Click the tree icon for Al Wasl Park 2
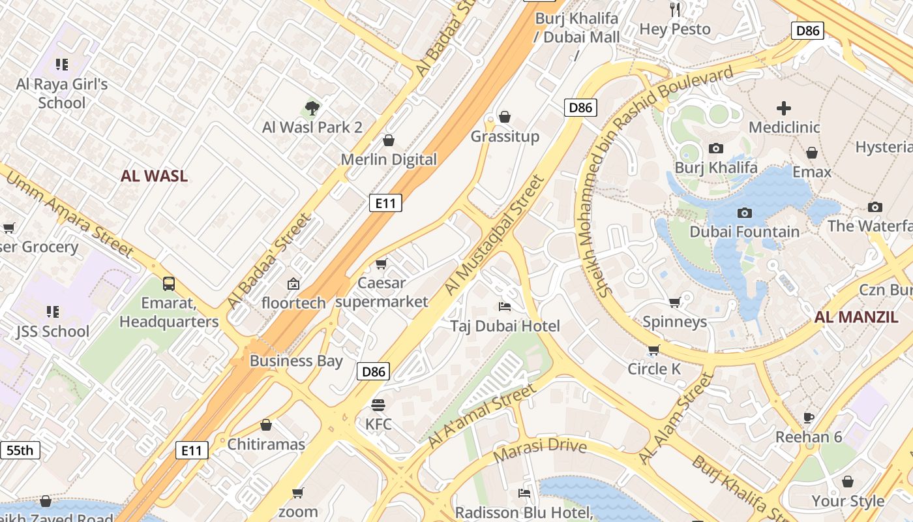pyautogui.click(x=312, y=108)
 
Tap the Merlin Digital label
pyautogui.click(x=389, y=159)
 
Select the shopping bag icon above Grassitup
pyautogui.click(x=504, y=117)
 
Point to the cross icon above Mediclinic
pyautogui.click(x=783, y=108)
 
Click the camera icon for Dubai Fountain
pyautogui.click(x=744, y=213)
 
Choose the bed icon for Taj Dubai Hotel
pyautogui.click(x=504, y=306)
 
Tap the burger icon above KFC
pyautogui.click(x=378, y=405)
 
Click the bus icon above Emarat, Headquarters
pyautogui.click(x=169, y=284)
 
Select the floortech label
pyautogui.click(x=293, y=303)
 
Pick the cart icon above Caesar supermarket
pyautogui.click(x=381, y=264)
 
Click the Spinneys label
pyautogui.click(x=674, y=322)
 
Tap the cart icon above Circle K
pyautogui.click(x=653, y=350)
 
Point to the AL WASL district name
pyautogui.click(x=154, y=176)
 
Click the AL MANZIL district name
pyautogui.click(x=856, y=318)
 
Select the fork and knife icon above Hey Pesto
pyautogui.click(x=675, y=9)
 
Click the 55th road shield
pyautogui.click(x=20, y=450)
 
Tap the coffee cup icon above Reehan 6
pyautogui.click(x=809, y=418)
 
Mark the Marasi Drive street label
pyautogui.click(x=540, y=450)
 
